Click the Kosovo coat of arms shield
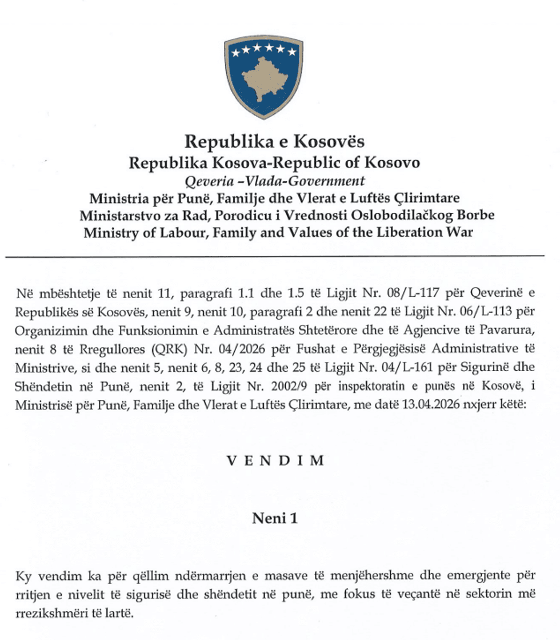pyautogui.click(x=263, y=77)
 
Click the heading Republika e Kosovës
pyautogui.click(x=274, y=141)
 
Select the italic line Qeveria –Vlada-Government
pyautogui.click(x=274, y=181)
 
